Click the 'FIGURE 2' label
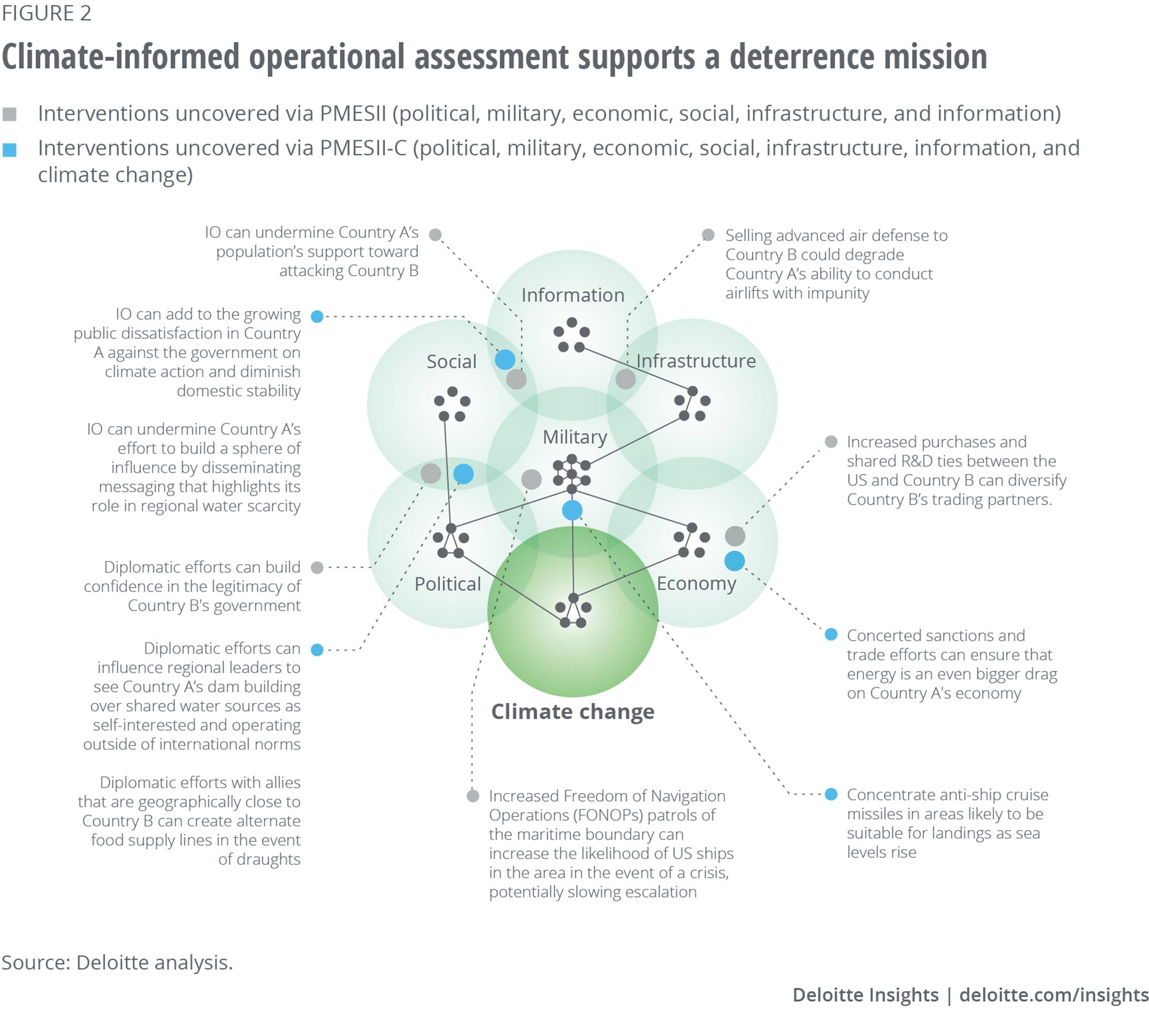click(x=47, y=13)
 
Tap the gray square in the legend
click(x=9, y=114)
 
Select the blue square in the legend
click(x=9, y=150)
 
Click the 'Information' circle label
click(x=572, y=295)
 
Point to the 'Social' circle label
click(x=452, y=362)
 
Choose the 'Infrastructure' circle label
click(x=696, y=361)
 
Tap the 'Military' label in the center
click(x=574, y=437)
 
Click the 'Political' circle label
click(x=448, y=584)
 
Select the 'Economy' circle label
click(x=696, y=583)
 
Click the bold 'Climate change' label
click(x=572, y=712)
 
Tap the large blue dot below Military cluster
click(x=572, y=510)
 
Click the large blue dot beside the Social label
click(x=505, y=359)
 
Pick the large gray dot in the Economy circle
click(x=735, y=536)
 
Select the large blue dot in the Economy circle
click(x=734, y=561)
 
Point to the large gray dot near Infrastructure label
click(x=626, y=379)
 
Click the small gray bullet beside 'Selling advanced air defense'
click(x=708, y=235)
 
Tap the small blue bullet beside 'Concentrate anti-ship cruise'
click(x=831, y=794)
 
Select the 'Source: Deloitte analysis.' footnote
click(x=117, y=962)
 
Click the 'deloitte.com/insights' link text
click(x=1054, y=995)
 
